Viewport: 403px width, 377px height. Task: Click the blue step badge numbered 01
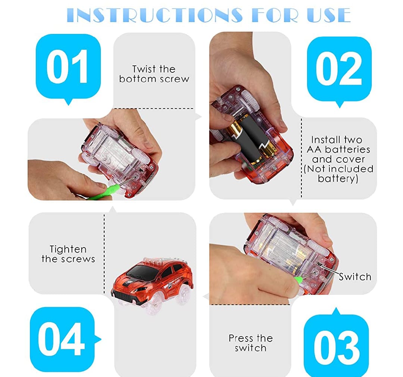[68, 67]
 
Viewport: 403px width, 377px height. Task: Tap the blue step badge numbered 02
[339, 69]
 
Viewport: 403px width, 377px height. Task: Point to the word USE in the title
[329, 15]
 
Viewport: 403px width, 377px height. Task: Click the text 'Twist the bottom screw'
[154, 74]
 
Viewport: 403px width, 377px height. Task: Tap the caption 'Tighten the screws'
[68, 254]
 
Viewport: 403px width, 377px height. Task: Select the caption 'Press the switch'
[251, 343]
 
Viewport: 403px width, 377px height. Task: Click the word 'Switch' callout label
[355, 277]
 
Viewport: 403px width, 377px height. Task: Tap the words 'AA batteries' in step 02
[338, 149]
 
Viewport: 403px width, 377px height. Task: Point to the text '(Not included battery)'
[338, 174]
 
